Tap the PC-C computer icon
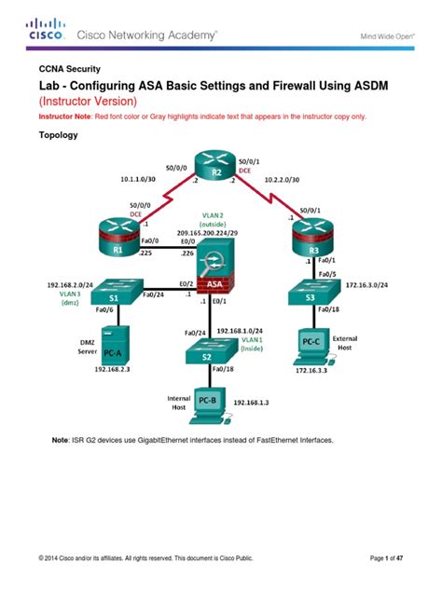click(x=313, y=344)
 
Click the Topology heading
click(x=58, y=135)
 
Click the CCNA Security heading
click(x=76, y=69)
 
